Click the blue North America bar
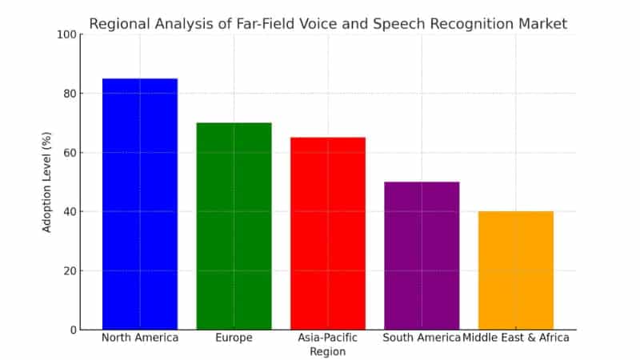click(x=140, y=204)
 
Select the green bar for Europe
click(x=234, y=226)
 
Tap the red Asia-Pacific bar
click(x=328, y=233)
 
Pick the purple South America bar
click(x=422, y=255)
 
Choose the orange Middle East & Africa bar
click(x=516, y=270)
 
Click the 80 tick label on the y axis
click(x=68, y=94)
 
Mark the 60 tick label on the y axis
click(x=68, y=153)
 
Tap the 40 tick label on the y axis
click(x=68, y=212)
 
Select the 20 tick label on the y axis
click(x=68, y=270)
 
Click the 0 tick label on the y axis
click(x=71, y=330)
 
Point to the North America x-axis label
click(x=140, y=338)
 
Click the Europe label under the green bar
click(x=234, y=338)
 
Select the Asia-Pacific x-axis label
click(x=328, y=338)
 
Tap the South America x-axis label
click(x=422, y=338)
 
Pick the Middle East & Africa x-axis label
click(x=517, y=338)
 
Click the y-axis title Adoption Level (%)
click(x=47, y=182)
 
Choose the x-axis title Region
click(x=328, y=352)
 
